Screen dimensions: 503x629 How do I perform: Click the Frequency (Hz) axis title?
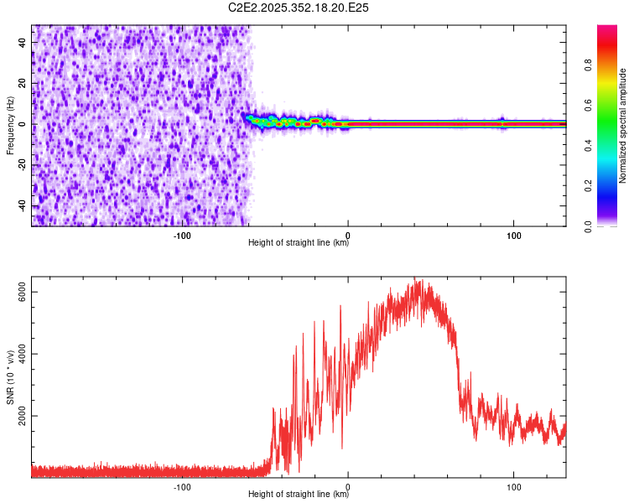10,126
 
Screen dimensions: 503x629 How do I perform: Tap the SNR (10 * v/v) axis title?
10,377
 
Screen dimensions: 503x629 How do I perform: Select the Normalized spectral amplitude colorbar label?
623,126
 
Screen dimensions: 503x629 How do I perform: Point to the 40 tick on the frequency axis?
23,43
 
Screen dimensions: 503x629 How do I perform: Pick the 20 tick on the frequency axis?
23,84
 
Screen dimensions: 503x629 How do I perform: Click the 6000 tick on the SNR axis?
23,292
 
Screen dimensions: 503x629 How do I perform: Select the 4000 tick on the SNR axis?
23,354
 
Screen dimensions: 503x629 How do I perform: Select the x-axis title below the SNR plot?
299,495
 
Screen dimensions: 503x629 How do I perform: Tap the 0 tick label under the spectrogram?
348,235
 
